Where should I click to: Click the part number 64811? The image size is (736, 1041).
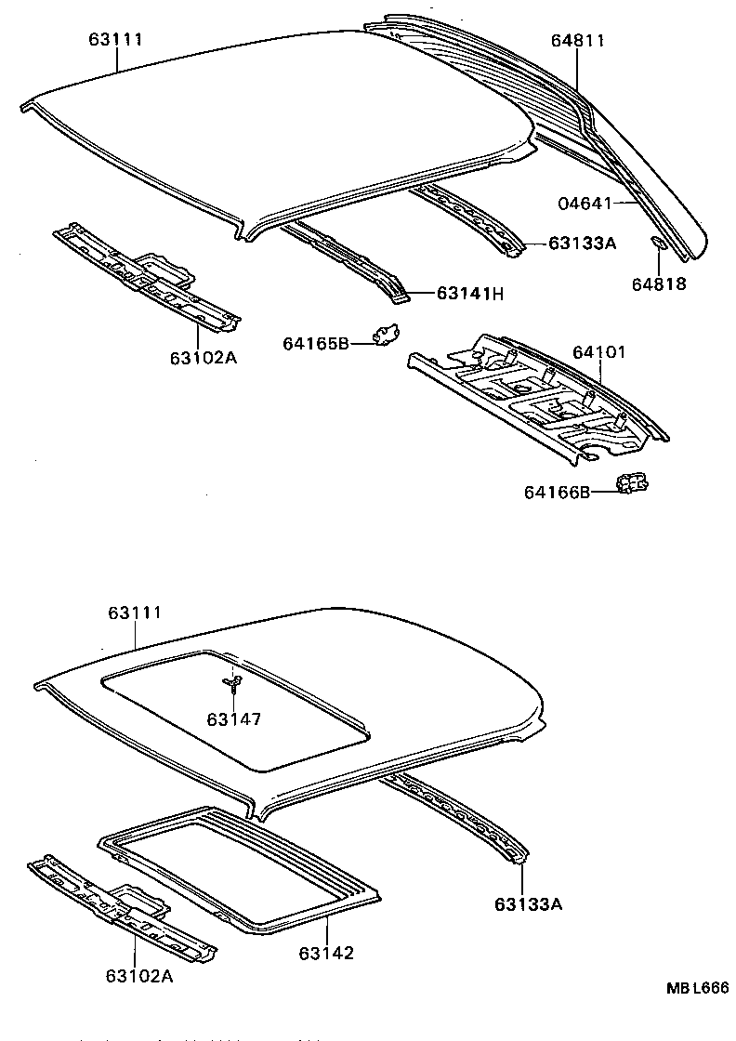(x=577, y=41)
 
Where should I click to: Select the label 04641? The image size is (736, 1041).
(x=583, y=203)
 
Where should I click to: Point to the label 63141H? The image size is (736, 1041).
(x=469, y=295)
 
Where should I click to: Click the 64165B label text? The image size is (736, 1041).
(x=316, y=344)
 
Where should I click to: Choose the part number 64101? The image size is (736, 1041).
(x=599, y=352)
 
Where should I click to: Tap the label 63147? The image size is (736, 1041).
(x=234, y=718)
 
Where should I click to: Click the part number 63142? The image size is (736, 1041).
(x=327, y=954)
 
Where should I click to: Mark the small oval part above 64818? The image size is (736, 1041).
(x=656, y=244)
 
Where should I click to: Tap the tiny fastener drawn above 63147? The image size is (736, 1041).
(x=233, y=684)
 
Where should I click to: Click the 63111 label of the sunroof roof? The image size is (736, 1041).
(x=135, y=613)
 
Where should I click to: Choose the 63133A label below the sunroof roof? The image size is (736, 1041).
(x=528, y=903)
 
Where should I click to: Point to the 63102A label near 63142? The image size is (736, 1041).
(x=138, y=975)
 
